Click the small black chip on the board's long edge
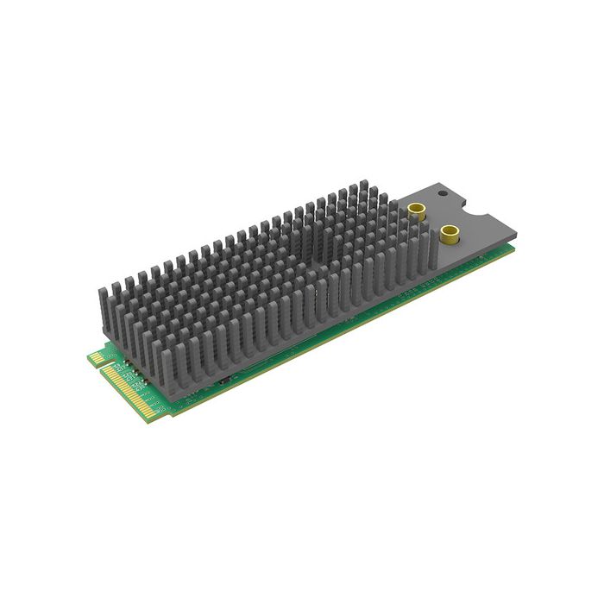click(223, 381)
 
